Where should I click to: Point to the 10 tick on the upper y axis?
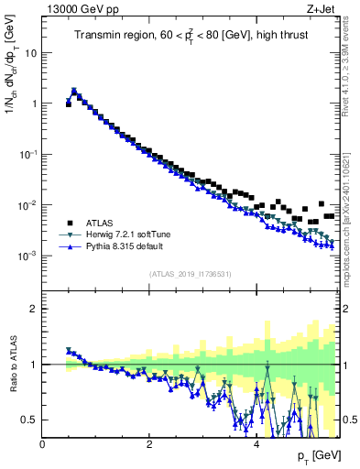click(31, 52)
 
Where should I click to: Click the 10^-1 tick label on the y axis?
click(27, 154)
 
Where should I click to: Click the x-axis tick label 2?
click(149, 444)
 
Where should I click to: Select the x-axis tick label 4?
click(256, 444)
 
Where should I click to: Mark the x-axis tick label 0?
click(43, 444)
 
